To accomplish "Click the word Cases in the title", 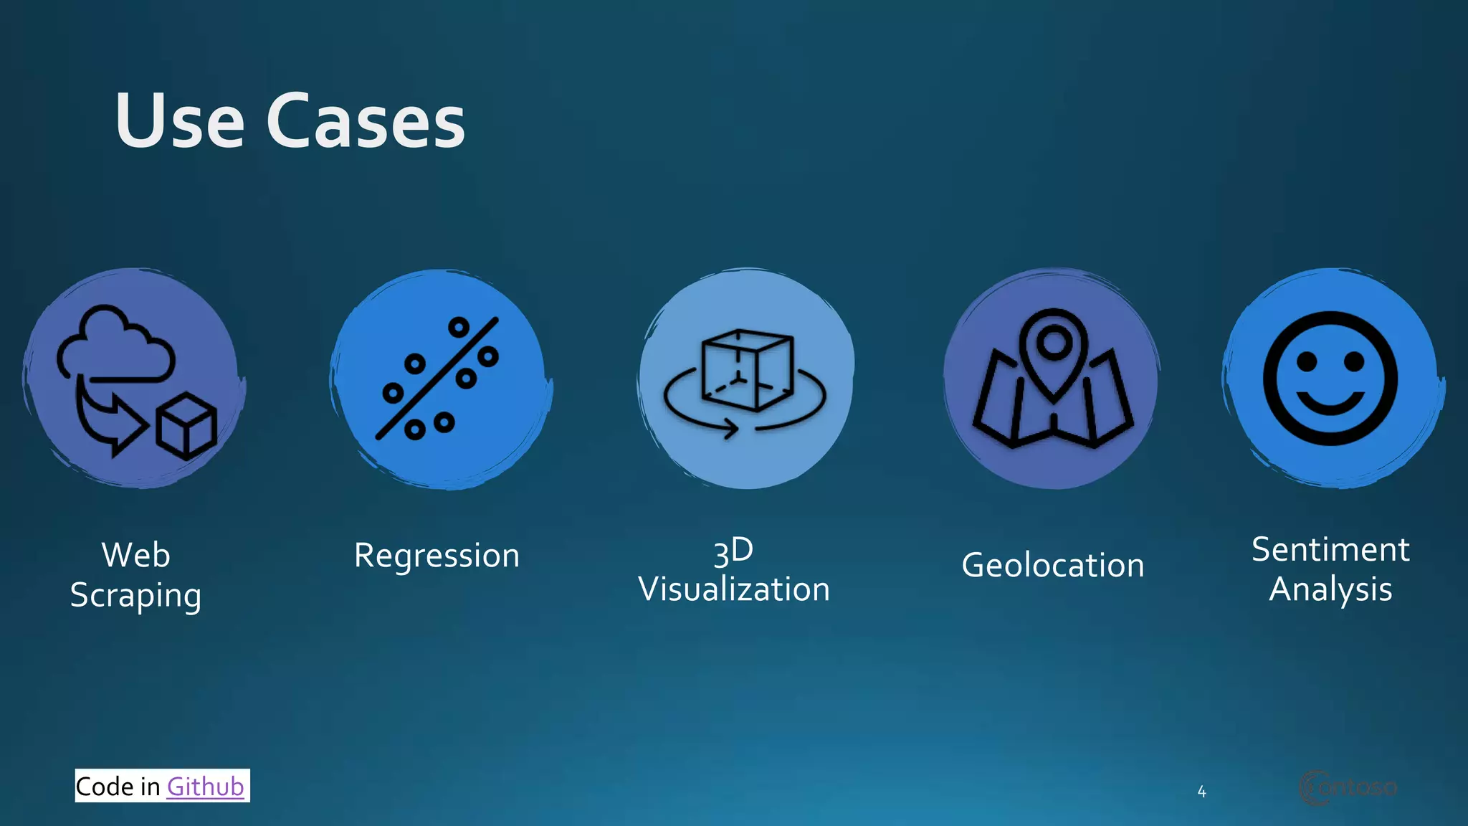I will coord(366,122).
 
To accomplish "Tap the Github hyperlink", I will coord(205,787).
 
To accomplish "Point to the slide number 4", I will coord(1201,792).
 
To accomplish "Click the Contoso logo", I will coord(1348,787).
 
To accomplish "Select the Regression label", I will coord(437,556).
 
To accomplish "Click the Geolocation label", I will coord(1052,566).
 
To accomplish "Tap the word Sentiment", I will coord(1330,550).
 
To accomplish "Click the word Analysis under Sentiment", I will coord(1330,590).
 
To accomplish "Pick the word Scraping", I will coord(135,596).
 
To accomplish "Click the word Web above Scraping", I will coord(135,555).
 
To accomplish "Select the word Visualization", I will coord(734,589).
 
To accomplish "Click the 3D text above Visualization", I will coord(733,551).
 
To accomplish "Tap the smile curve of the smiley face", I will coord(1330,405).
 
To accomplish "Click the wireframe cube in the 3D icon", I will coord(747,369).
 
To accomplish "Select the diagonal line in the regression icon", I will coord(437,378).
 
